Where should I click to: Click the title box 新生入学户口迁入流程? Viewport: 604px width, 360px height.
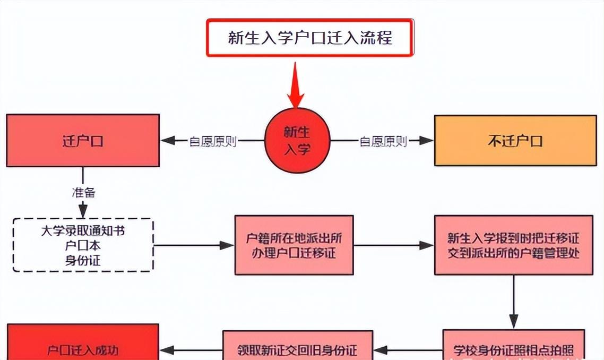pyautogui.click(x=309, y=38)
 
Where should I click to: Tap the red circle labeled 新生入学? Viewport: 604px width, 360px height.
pyautogui.click(x=297, y=141)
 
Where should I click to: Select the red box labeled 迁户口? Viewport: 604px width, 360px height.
pyautogui.click(x=83, y=141)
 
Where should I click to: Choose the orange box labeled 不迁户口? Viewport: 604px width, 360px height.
pyautogui.click(x=515, y=141)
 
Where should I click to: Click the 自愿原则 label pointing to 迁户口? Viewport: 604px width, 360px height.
pyautogui.click(x=213, y=141)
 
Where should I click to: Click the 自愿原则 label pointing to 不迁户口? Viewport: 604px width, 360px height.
pyautogui.click(x=383, y=141)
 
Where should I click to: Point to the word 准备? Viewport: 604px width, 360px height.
pyautogui.click(x=83, y=192)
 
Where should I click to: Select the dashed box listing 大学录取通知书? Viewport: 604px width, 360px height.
pyautogui.click(x=83, y=245)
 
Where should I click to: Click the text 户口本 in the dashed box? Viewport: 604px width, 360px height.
pyautogui.click(x=83, y=246)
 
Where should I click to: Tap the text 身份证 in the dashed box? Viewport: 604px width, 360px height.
pyautogui.click(x=83, y=260)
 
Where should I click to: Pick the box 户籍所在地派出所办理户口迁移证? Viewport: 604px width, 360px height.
pyautogui.click(x=294, y=245)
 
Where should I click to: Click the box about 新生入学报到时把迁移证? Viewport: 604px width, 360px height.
pyautogui.click(x=513, y=245)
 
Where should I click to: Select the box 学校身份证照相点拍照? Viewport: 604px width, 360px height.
pyautogui.click(x=513, y=349)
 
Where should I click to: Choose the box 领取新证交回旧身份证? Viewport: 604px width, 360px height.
pyautogui.click(x=297, y=349)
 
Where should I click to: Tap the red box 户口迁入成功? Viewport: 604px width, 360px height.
pyautogui.click(x=83, y=349)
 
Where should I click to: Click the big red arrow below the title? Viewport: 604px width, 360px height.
pyautogui.click(x=296, y=85)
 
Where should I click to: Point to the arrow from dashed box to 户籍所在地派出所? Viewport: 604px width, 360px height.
pyautogui.click(x=194, y=245)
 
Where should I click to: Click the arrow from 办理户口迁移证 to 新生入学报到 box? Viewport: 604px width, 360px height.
pyautogui.click(x=393, y=245)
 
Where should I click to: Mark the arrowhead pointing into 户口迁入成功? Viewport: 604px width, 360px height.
pyautogui.click(x=167, y=350)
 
